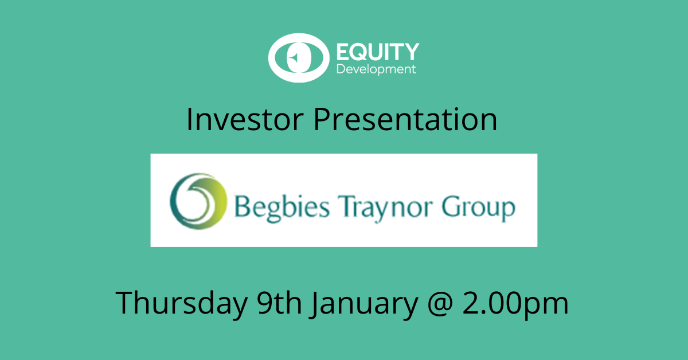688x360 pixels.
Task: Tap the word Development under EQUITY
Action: (x=376, y=69)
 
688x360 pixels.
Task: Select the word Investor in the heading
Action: (x=245, y=119)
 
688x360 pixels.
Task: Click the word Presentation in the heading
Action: (x=405, y=119)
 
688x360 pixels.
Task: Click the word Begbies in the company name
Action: (x=282, y=208)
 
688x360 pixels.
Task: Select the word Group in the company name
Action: (x=479, y=208)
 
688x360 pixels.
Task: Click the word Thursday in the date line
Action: (x=182, y=303)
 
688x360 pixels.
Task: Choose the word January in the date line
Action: (x=364, y=304)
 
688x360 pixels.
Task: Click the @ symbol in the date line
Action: (x=440, y=304)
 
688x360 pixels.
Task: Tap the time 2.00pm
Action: (x=515, y=304)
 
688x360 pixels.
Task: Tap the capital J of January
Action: (x=315, y=304)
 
